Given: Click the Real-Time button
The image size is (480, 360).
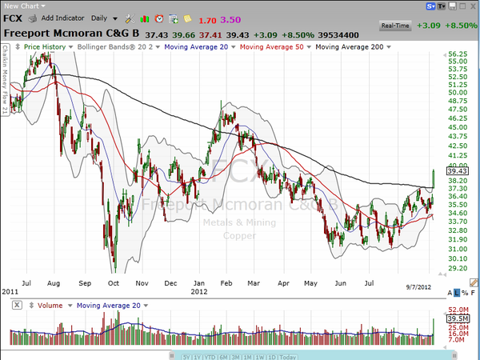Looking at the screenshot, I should (x=396, y=26).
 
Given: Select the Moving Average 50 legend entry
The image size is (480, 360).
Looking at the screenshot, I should (x=274, y=48).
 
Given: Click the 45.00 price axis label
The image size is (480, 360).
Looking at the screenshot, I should (x=458, y=128).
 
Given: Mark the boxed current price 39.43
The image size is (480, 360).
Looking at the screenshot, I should (x=458, y=170).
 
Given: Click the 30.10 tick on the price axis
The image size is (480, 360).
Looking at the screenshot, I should (x=458, y=258).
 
